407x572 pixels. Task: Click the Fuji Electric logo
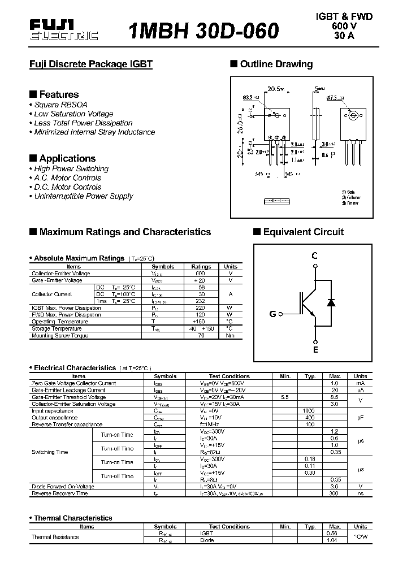(x=63, y=30)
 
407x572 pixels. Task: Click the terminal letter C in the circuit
(x=315, y=256)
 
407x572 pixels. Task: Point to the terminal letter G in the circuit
(x=272, y=314)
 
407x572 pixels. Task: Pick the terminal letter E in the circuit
(x=315, y=350)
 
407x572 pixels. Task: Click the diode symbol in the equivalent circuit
(x=331, y=302)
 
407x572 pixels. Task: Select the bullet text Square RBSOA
(x=60, y=105)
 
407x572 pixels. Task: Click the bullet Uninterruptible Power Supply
(x=83, y=196)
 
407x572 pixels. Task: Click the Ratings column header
(x=201, y=266)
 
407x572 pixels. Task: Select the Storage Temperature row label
(x=57, y=328)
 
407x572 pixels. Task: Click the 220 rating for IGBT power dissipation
(x=201, y=308)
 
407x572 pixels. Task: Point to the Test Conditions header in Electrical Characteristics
(x=229, y=376)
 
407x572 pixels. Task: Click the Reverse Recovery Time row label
(x=60, y=493)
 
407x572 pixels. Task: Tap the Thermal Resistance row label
(x=55, y=537)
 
